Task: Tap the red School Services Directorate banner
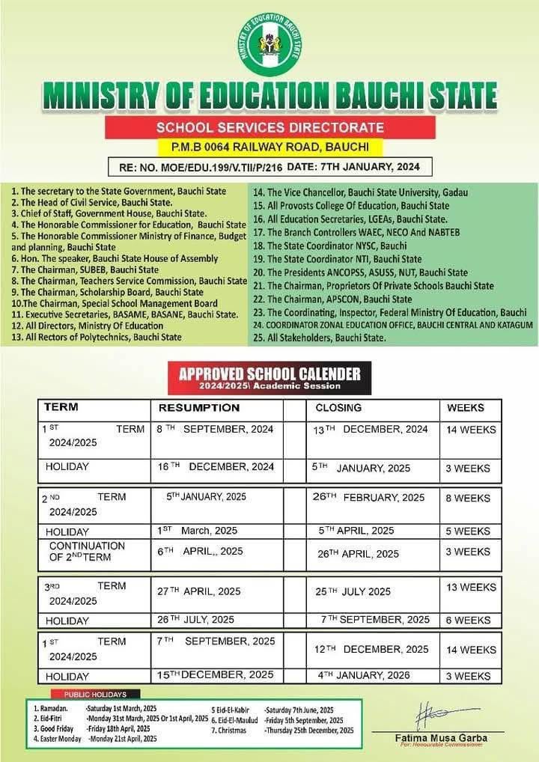[269, 127]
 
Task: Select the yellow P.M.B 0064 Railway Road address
[269, 147]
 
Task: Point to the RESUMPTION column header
[198, 408]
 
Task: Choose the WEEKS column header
[466, 408]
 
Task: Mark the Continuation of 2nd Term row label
[87, 552]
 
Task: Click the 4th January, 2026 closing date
[364, 675]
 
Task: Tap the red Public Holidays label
[95, 695]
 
